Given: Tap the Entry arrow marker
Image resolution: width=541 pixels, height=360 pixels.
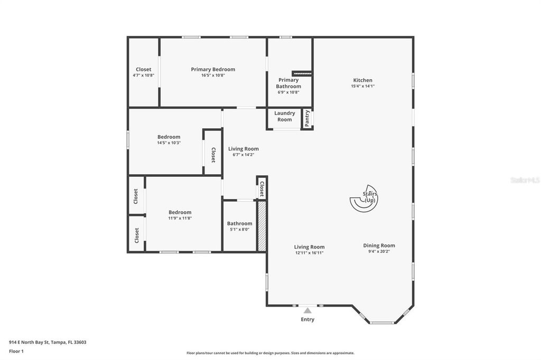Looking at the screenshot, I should (307, 310).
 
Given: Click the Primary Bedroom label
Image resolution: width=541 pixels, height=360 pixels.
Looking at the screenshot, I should (213, 69).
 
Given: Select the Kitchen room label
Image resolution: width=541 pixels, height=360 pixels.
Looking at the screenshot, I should (362, 80).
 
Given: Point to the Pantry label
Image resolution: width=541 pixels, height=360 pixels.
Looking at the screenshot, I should (307, 118).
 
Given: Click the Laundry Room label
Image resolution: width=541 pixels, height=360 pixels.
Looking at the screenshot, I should (284, 116).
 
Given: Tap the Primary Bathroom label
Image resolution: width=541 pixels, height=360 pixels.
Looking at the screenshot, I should (288, 83).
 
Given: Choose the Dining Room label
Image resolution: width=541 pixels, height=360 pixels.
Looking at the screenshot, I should (379, 245).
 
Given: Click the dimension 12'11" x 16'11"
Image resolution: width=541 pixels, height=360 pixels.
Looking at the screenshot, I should (309, 253).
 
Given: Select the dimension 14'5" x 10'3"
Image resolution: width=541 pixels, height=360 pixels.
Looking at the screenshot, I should (169, 143).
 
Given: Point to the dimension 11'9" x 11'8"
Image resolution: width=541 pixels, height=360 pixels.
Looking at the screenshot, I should (180, 218).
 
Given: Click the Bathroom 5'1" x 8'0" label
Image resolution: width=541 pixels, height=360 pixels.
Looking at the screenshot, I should (239, 226).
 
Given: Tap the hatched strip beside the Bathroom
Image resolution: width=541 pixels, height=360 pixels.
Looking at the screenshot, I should (262, 226).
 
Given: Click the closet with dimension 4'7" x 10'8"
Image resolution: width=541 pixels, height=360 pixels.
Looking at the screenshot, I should (143, 72).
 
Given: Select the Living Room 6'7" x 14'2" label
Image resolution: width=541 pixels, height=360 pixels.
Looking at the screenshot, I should (243, 151).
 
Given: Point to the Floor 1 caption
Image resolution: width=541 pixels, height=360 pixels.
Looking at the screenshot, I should (16, 351).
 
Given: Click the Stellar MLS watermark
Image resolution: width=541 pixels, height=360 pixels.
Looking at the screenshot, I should (525, 180).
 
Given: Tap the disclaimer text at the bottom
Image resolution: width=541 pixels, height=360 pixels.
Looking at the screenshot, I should (270, 353).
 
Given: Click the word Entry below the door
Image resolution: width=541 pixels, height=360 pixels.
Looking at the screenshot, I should (307, 319).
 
